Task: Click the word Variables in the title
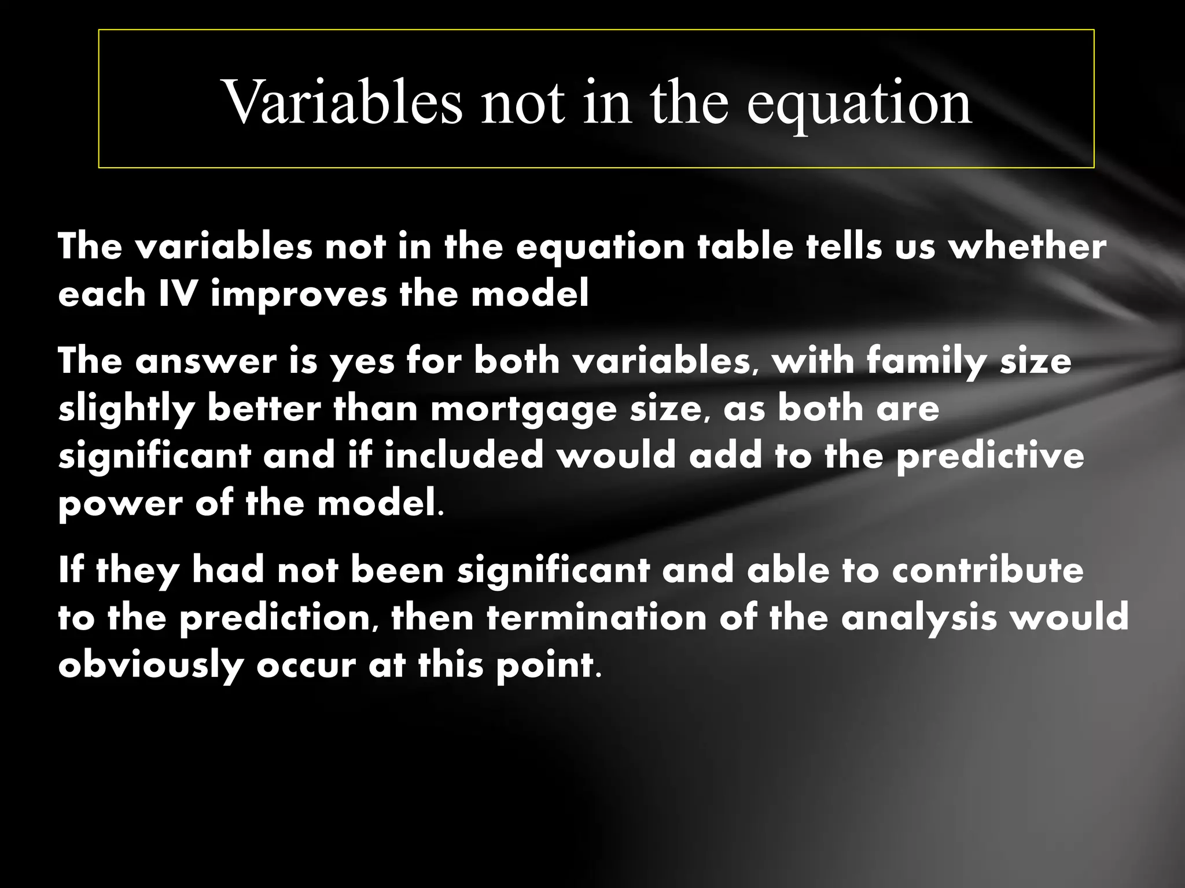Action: tap(343, 102)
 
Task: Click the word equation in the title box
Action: tap(859, 102)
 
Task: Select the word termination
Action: tap(597, 617)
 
